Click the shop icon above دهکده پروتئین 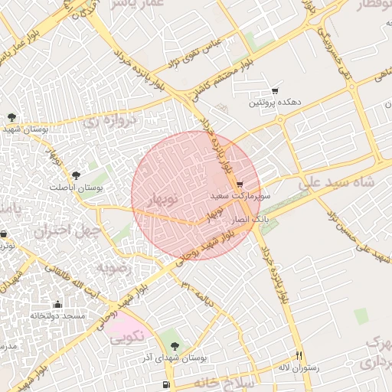click(275, 90)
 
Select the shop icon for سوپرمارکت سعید click(240, 185)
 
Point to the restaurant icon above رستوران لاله click(299, 356)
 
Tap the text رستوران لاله click(298, 367)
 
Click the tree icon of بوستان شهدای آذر click(175, 346)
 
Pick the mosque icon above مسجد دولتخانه click(57, 304)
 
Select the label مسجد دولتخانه click(58, 315)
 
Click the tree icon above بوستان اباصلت click(75, 176)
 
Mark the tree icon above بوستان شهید click(11, 117)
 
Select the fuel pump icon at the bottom click(166, 384)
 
